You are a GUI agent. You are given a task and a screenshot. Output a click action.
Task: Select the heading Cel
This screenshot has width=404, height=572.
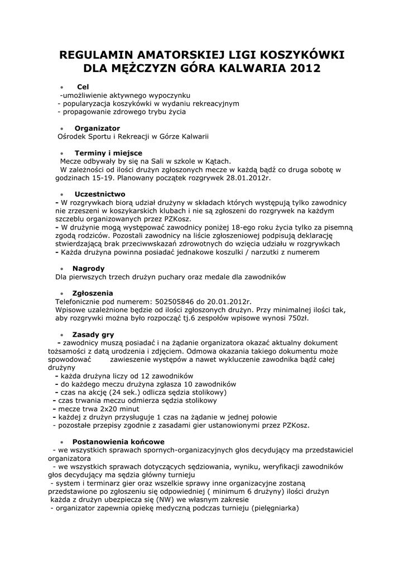(x=83, y=87)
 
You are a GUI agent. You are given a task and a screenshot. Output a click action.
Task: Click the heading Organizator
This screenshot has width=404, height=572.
(x=97, y=128)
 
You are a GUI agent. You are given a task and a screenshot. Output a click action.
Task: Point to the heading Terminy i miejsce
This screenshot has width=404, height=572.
(x=108, y=152)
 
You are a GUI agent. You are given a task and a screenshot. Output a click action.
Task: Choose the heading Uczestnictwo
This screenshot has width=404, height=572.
(x=99, y=194)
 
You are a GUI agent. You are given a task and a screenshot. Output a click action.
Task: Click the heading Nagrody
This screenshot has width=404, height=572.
(x=88, y=268)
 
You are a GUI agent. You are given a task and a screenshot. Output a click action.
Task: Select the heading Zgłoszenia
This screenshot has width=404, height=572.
(x=93, y=293)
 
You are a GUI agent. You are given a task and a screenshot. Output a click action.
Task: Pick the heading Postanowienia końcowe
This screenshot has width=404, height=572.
(x=118, y=441)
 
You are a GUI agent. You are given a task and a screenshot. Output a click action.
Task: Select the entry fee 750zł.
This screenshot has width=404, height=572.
(x=297, y=318)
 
